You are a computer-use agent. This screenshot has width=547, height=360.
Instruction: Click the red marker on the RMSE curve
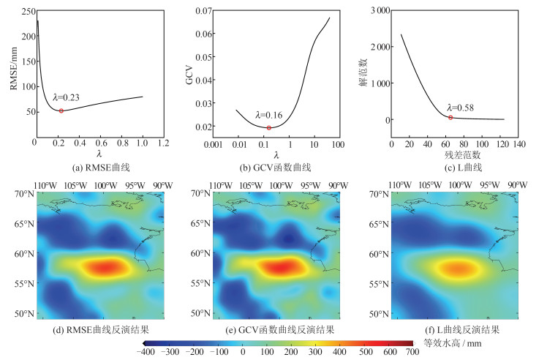[x=61, y=110]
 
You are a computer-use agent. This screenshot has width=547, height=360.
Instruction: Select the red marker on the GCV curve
[x=269, y=128]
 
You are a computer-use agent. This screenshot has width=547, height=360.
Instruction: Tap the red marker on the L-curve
[x=450, y=117]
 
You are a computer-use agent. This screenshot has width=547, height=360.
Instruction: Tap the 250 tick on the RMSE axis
[x=26, y=12]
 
